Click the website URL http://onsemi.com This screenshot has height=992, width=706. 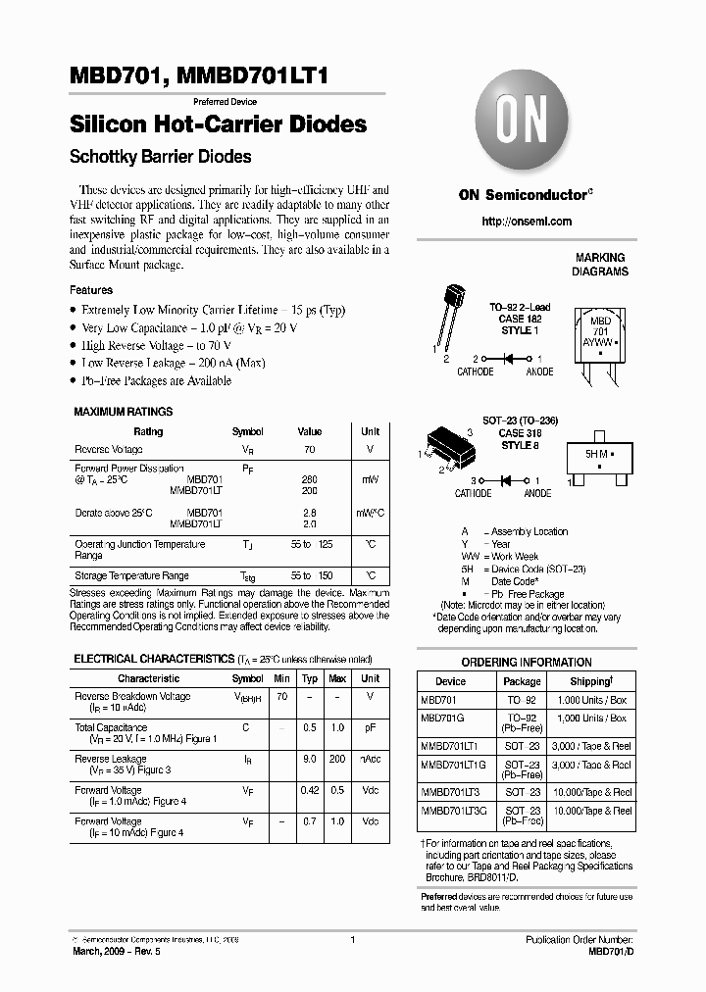pyautogui.click(x=526, y=222)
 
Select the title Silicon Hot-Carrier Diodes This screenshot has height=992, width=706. pyautogui.click(x=218, y=124)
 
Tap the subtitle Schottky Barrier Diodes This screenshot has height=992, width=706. pyautogui.click(x=160, y=157)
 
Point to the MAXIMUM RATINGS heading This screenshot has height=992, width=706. pyautogui.click(x=124, y=412)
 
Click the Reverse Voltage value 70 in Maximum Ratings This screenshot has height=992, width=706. pyautogui.click(x=309, y=449)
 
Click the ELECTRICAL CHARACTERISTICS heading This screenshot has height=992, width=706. pyautogui.click(x=152, y=660)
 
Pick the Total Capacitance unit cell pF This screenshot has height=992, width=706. pyautogui.click(x=370, y=728)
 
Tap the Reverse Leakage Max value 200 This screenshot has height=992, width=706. pyautogui.click(x=337, y=760)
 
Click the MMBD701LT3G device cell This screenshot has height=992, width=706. pyautogui.click(x=453, y=811)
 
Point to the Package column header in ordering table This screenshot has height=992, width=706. pyautogui.click(x=522, y=681)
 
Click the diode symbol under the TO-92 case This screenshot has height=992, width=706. pyautogui.click(x=509, y=360)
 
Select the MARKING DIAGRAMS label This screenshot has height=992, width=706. pyautogui.click(x=600, y=265)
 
